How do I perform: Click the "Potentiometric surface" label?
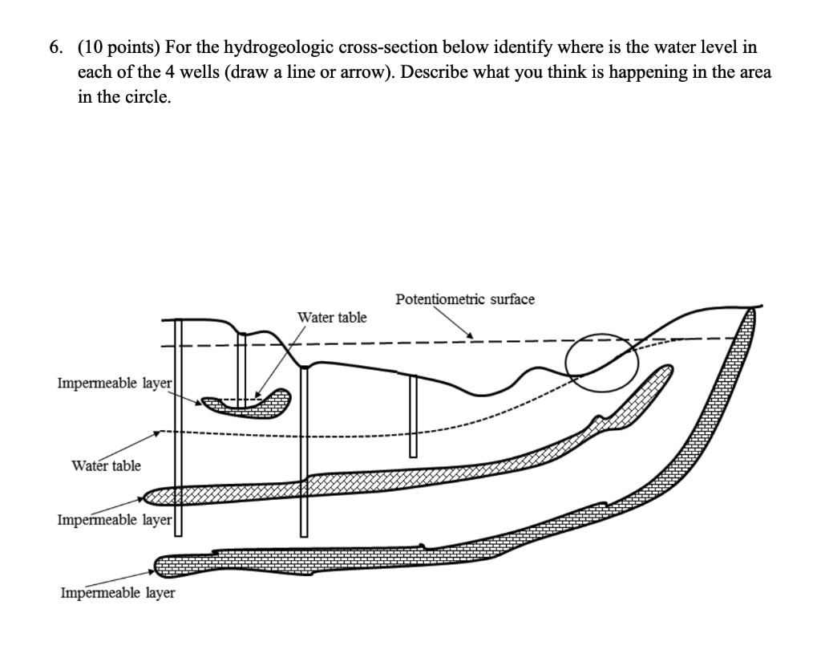(464, 299)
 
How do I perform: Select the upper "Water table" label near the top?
(332, 318)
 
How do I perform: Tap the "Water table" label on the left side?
(106, 465)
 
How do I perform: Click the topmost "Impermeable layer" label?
(115, 383)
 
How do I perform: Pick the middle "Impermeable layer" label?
(115, 519)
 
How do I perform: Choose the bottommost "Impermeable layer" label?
(117, 593)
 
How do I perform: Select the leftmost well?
(178, 425)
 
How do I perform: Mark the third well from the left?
(304, 449)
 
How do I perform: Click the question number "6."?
(54, 47)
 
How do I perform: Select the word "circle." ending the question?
(149, 97)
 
